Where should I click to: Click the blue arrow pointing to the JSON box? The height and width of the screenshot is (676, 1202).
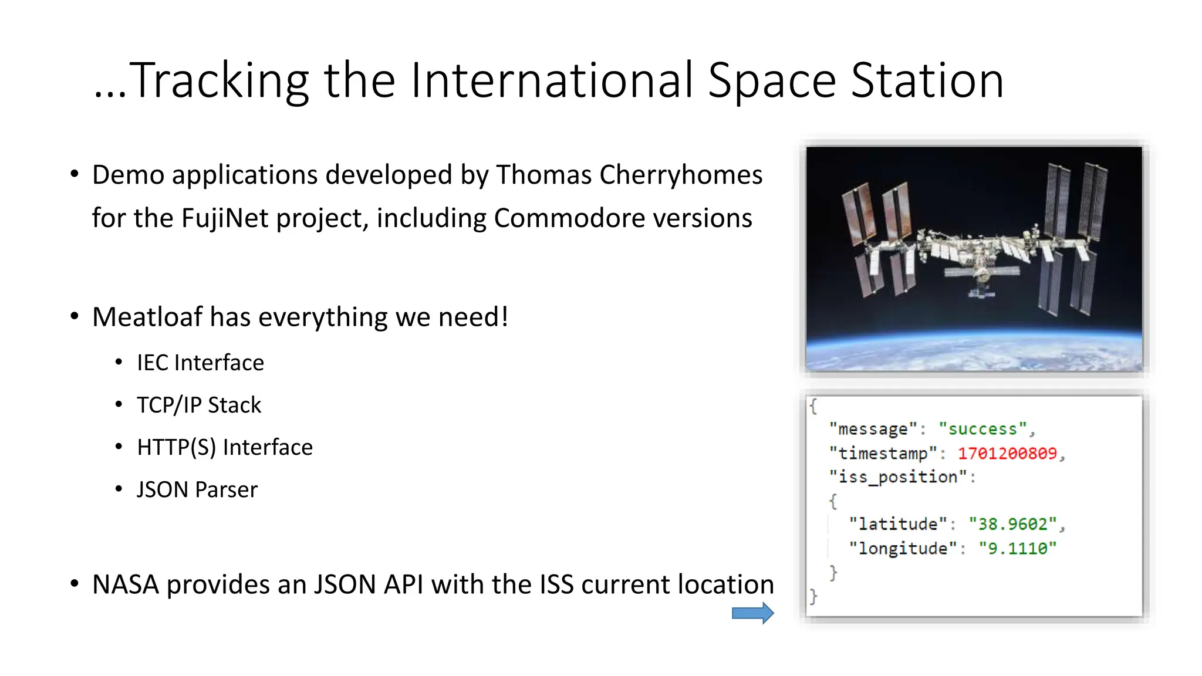(x=752, y=613)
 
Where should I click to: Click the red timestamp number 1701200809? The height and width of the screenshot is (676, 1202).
(x=1007, y=453)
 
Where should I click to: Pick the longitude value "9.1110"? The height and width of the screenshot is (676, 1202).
(x=1017, y=549)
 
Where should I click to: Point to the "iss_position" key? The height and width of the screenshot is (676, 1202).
(x=898, y=477)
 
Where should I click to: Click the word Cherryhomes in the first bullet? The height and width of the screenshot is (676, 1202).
(x=681, y=175)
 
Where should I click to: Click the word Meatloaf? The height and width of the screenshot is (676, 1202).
(x=147, y=317)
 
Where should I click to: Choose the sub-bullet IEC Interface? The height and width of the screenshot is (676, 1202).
(x=200, y=363)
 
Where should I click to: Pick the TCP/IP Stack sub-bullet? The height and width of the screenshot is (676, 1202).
(x=199, y=405)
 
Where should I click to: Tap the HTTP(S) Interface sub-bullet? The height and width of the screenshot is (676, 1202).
(x=225, y=447)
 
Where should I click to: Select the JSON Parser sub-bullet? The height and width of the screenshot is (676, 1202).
(x=197, y=489)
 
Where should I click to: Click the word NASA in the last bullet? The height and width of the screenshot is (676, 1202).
(x=126, y=584)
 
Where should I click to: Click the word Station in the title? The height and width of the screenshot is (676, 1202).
(x=927, y=80)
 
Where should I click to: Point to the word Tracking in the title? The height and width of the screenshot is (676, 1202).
(x=218, y=80)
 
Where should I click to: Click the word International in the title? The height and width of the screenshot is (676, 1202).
(x=552, y=80)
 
